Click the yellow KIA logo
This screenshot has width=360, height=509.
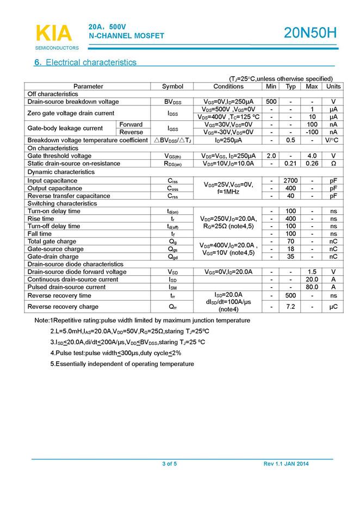click(53, 33)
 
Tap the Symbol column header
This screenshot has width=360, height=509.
click(173, 86)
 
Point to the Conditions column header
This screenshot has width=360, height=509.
click(228, 86)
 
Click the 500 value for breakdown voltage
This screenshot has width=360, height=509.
click(271, 102)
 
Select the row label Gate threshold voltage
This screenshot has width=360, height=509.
click(59, 156)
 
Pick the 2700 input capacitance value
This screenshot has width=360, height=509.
click(291, 181)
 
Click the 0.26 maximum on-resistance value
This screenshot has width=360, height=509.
click(312, 163)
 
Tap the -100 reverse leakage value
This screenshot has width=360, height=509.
click(312, 132)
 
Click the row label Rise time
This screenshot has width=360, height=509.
click(41, 219)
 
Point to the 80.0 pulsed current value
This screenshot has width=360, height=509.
click(312, 287)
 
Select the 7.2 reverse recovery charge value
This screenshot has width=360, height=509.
click(291, 307)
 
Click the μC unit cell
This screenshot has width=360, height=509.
click(333, 307)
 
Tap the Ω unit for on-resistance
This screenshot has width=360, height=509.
click(333, 163)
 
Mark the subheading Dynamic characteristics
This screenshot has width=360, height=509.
click(61, 172)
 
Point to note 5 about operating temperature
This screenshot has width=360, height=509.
click(122, 363)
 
